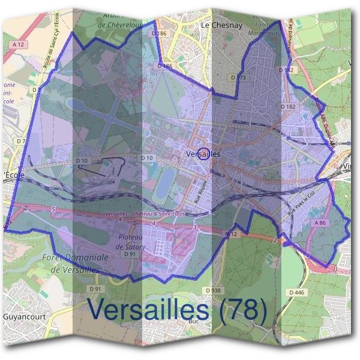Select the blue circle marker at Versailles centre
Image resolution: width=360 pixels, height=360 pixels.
203,154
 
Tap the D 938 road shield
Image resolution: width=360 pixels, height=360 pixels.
212,290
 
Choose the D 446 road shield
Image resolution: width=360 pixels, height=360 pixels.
296,292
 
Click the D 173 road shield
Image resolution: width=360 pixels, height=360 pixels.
238,78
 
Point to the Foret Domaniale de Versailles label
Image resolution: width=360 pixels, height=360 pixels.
75,263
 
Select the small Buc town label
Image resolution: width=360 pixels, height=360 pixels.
210,321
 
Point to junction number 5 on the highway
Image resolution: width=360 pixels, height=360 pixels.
53,209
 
